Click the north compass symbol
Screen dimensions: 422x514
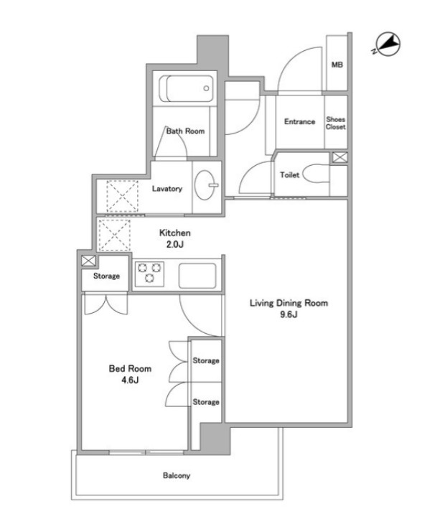click(x=388, y=44)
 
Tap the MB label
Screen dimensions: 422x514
click(x=337, y=65)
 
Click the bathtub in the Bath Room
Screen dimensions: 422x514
click(x=186, y=88)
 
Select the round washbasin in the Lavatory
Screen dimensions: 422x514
click(x=205, y=185)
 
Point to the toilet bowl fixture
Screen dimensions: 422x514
click(x=316, y=174)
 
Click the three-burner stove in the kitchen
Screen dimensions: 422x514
click(x=150, y=273)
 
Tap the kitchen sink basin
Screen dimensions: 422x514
click(x=197, y=276)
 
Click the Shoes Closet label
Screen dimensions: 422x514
click(x=335, y=123)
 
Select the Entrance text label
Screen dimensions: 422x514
click(x=299, y=121)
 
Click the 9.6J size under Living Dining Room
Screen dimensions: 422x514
click(x=289, y=314)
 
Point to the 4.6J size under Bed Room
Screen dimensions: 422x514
click(x=130, y=380)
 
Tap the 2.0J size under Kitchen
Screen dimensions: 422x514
click(x=175, y=244)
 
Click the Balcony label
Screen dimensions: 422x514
click(x=177, y=475)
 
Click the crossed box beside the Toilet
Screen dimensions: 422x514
click(x=339, y=157)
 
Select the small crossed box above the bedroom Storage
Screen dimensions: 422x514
click(x=88, y=261)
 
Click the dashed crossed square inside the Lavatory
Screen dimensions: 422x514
click(x=122, y=197)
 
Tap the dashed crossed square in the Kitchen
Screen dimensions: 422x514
click(x=114, y=235)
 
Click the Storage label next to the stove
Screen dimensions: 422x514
click(x=106, y=276)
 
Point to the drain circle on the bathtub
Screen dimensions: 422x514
click(x=206, y=88)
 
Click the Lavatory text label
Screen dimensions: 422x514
click(x=167, y=189)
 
